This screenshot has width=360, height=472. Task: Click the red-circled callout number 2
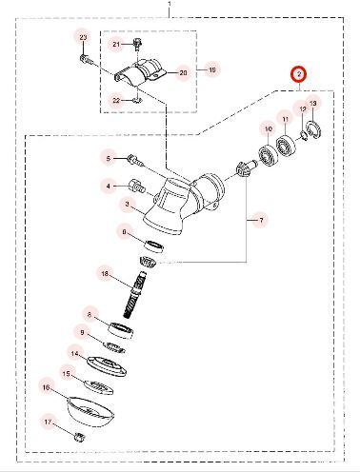coord(298,74)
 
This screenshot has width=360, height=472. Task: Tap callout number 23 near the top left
coord(82,36)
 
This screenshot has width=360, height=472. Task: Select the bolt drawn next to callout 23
coord(88,58)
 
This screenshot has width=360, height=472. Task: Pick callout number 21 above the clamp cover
coord(117,44)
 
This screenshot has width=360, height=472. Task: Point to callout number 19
coord(211,70)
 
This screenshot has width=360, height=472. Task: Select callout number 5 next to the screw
coord(108,158)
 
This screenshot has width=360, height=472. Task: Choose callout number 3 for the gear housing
coord(127,204)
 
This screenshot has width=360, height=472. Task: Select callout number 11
coord(283,118)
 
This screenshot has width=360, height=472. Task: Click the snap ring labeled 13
coord(319,134)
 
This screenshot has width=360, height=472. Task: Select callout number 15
coord(66,374)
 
